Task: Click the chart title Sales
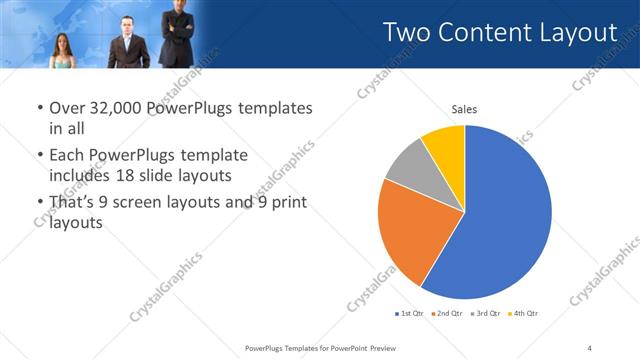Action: (464, 110)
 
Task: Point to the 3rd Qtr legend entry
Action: (486, 314)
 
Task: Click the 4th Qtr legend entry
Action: (523, 314)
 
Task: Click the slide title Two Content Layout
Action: (500, 33)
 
